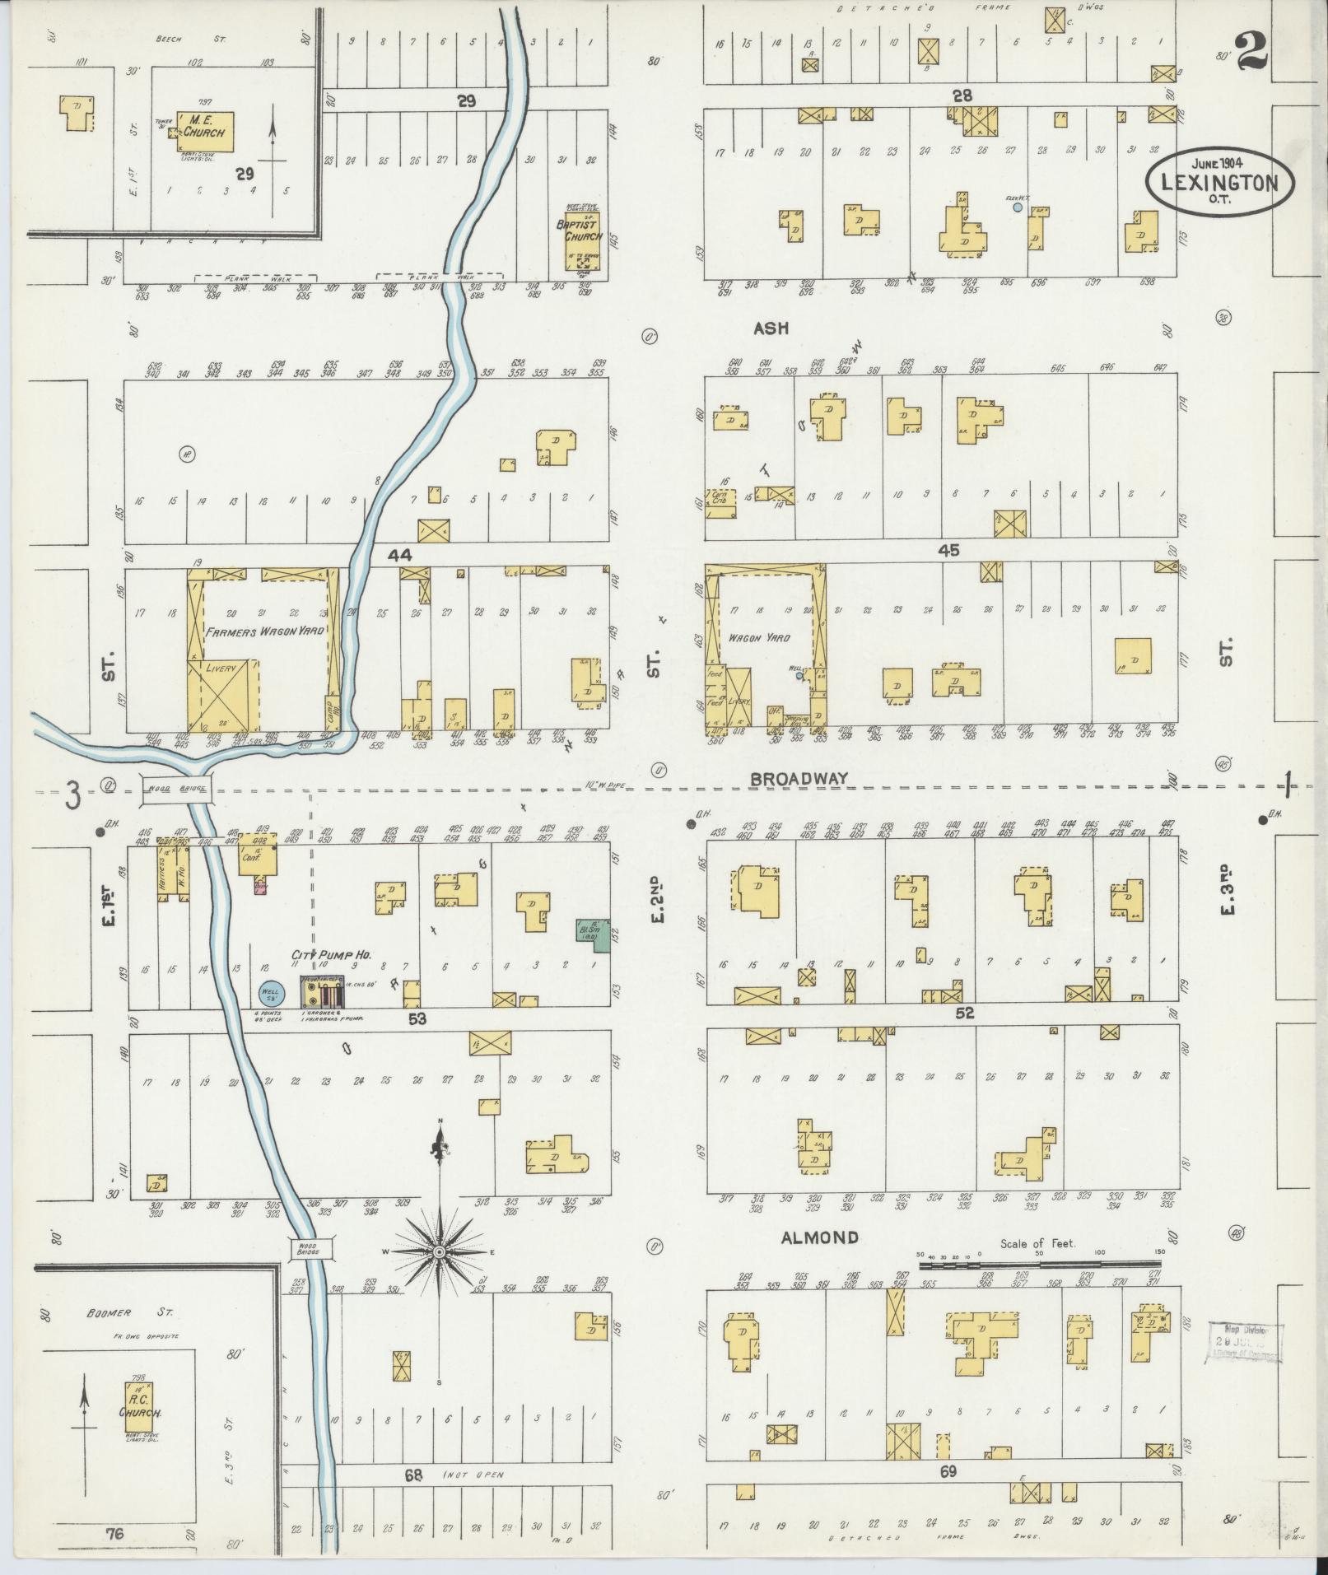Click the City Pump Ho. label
[331, 955]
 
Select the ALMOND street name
[819, 1237]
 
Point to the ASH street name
[771, 328]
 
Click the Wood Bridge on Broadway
[179, 788]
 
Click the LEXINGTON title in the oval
[1218, 184]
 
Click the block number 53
[417, 1019]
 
